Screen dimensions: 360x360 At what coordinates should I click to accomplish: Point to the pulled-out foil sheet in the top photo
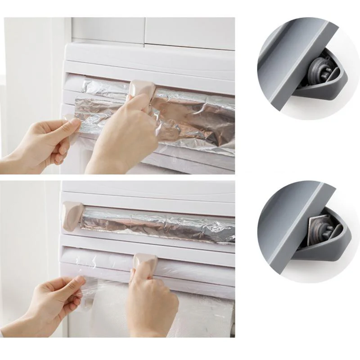pos(189,121)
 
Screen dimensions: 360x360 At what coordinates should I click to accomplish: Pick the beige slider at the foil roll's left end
pos(72,216)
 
